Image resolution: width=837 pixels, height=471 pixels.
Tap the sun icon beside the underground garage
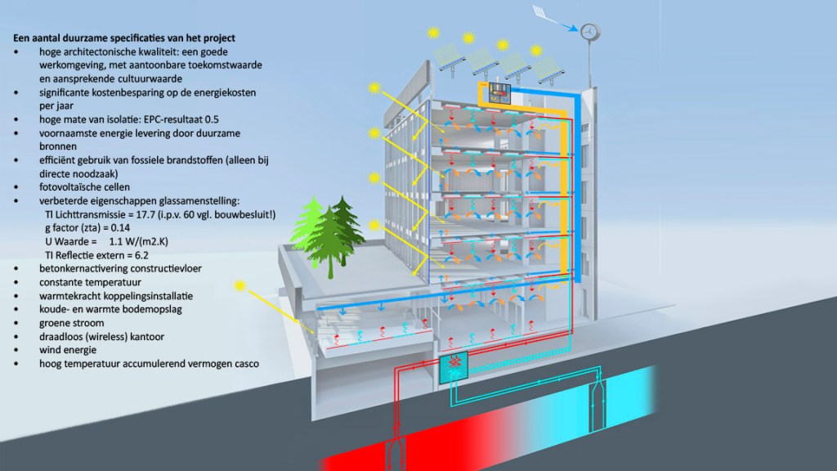(x=240, y=285)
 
